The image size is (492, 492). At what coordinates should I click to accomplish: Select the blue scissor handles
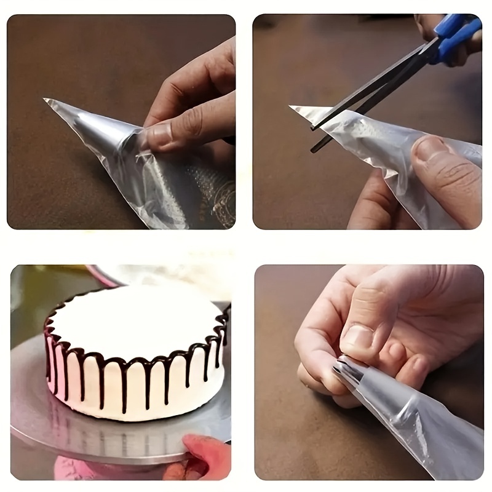coord(455,37)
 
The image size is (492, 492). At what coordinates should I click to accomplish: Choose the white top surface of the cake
coord(135,320)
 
